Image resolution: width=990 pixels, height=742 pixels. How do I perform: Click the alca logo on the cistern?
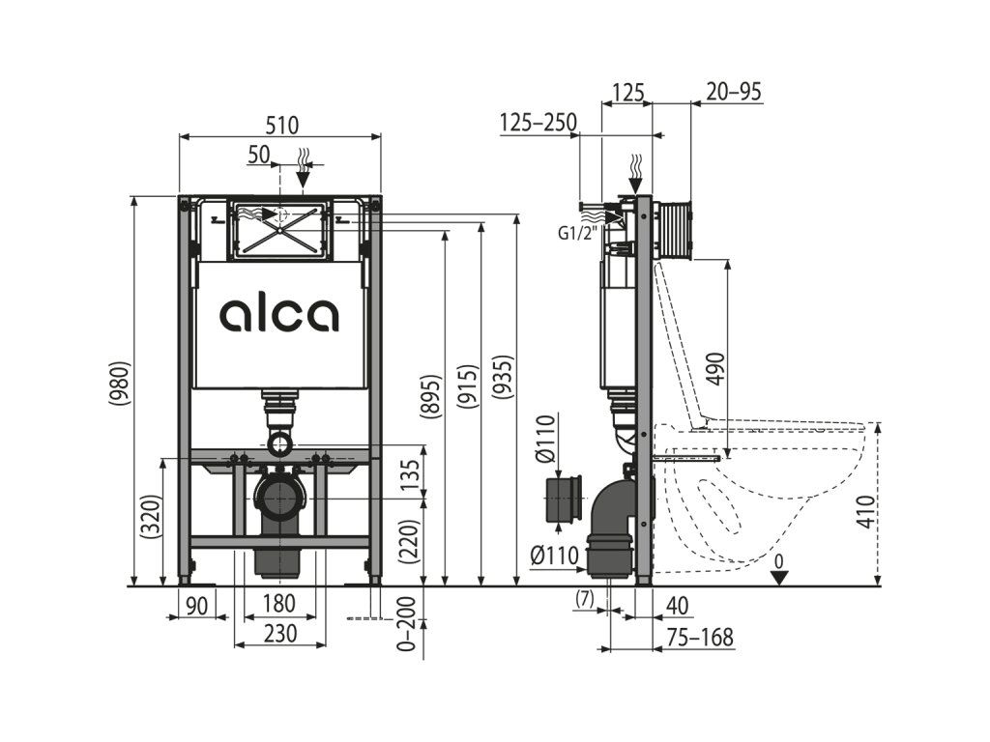(279, 315)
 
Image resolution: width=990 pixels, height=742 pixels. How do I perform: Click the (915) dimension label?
(467, 385)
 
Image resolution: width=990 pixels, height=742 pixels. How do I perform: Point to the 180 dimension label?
(278, 605)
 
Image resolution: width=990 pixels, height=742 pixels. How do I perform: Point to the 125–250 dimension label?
(539, 123)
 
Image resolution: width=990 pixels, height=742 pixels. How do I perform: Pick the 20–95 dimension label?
(734, 92)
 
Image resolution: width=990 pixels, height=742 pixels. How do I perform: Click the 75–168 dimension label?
(701, 638)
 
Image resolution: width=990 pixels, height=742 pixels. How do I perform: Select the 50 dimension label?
(258, 154)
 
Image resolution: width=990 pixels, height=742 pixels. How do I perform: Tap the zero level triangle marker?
(780, 577)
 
